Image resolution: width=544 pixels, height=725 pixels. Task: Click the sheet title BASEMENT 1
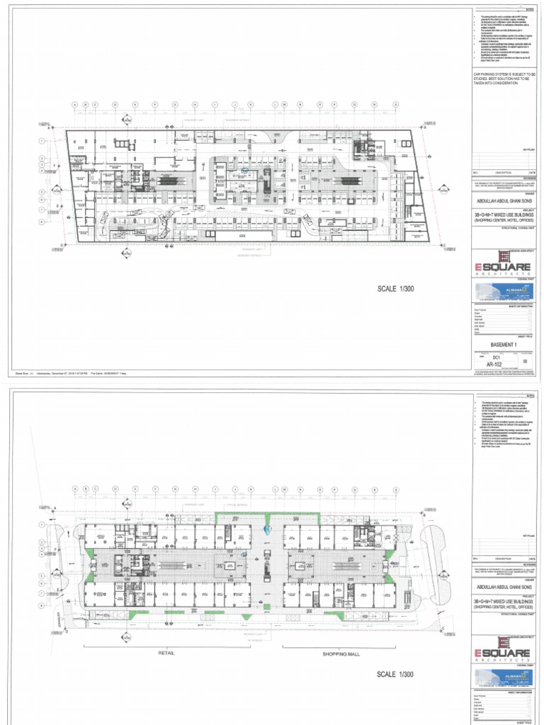(505, 345)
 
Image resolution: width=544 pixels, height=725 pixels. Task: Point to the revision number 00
(524, 360)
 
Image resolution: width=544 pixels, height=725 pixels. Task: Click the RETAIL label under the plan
(166, 653)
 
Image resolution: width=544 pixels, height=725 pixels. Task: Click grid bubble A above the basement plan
(74, 105)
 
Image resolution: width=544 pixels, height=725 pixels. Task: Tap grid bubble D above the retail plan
(115, 489)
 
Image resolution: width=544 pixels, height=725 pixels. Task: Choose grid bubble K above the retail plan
(251, 489)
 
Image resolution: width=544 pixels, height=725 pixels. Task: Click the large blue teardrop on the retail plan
(266, 528)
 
